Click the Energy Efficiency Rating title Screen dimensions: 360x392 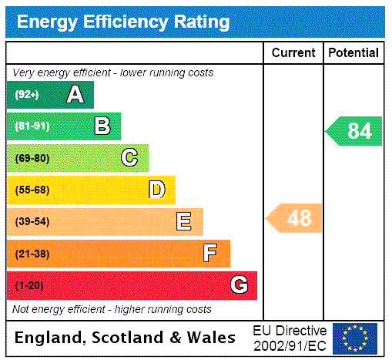tap(123, 22)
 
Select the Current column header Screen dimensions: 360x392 tap(293, 52)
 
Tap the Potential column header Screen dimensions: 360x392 tap(353, 52)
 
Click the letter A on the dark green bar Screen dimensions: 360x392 tap(75, 95)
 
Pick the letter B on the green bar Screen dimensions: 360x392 tap(102, 126)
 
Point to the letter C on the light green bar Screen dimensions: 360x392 tap(129, 158)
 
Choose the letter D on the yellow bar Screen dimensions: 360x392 tap(156, 190)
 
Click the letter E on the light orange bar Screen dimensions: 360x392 tap(184, 222)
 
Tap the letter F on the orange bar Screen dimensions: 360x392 tap(210, 254)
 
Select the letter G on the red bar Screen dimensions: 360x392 tap(239, 285)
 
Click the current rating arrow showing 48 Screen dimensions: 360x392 tap(295, 218)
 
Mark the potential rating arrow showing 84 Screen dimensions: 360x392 tap(354, 131)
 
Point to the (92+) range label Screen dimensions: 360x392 tap(27, 96)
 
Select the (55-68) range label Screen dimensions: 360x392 tap(32, 190)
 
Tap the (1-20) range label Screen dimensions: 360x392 tap(29, 286)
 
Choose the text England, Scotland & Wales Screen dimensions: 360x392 tap(126, 338)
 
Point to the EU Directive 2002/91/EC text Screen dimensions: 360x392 tap(290, 338)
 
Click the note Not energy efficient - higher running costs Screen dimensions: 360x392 tap(112, 309)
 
